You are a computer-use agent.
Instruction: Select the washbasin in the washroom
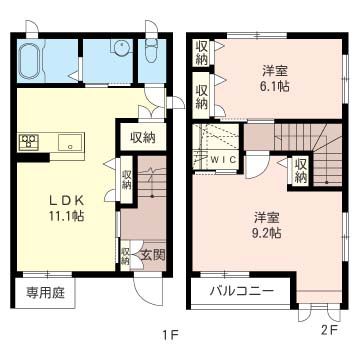(119, 48)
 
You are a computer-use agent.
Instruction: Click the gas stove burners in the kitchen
(28, 142)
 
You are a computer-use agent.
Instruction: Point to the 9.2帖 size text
(265, 233)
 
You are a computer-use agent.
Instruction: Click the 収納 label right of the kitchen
(142, 137)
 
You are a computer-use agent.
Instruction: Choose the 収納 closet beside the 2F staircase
(301, 171)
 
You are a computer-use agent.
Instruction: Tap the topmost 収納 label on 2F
(202, 51)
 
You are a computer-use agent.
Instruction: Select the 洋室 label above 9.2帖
(265, 216)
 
